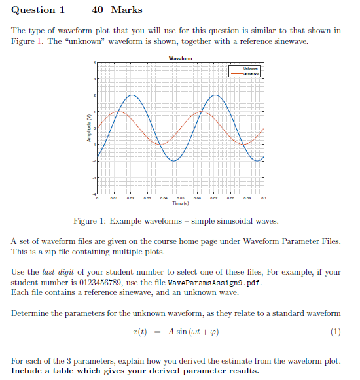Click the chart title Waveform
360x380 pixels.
[x=180, y=58]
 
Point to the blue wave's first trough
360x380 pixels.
[x=173, y=160]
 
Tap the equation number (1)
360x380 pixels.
[x=336, y=331]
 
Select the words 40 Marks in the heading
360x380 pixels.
[x=117, y=10]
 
